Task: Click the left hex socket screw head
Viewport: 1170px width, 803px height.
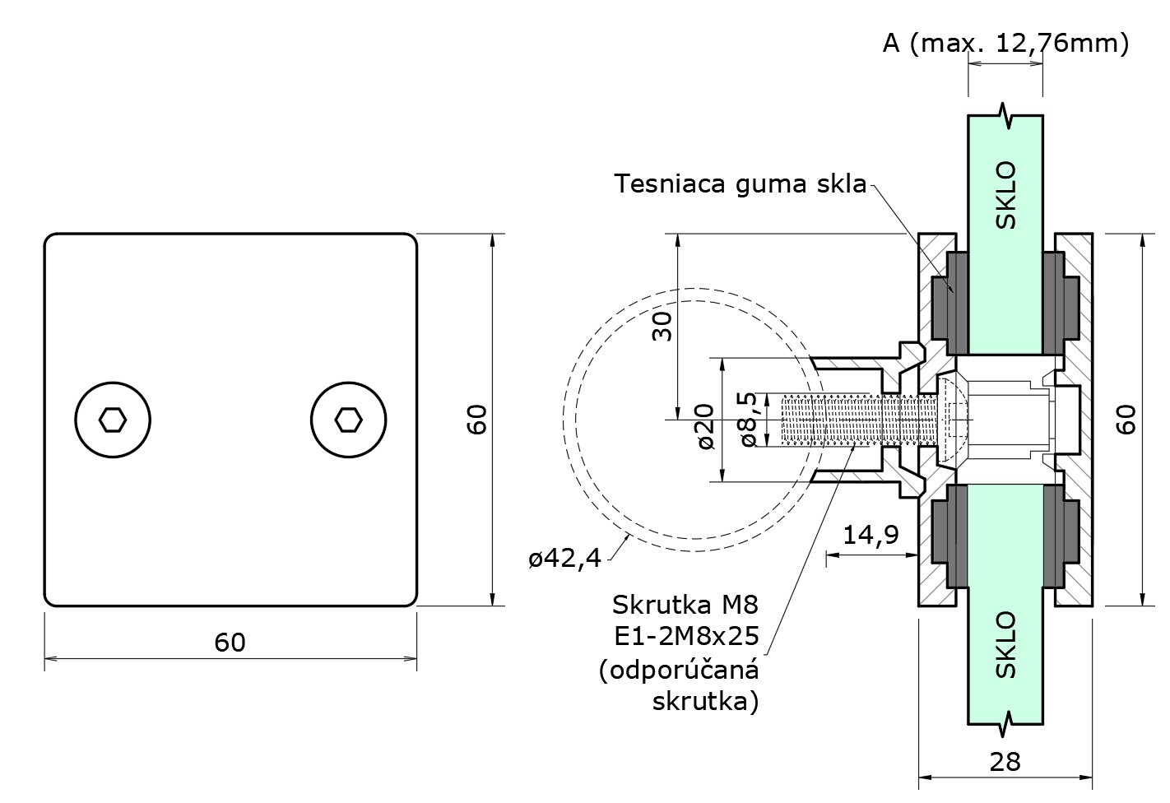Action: (113, 420)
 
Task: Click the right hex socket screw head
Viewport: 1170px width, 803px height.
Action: (349, 420)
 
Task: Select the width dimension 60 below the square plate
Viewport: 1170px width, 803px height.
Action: (230, 642)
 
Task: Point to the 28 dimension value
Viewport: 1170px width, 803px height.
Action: (1005, 761)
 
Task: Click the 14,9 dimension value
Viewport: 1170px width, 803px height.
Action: (871, 536)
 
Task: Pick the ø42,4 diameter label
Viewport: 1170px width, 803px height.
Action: (564, 559)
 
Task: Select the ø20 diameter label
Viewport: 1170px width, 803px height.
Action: (705, 426)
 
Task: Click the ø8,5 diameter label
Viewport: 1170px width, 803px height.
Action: (747, 419)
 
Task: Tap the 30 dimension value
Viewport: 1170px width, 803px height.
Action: (662, 326)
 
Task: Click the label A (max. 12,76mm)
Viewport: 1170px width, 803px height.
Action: (1005, 43)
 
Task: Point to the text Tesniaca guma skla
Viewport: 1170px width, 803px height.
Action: (741, 183)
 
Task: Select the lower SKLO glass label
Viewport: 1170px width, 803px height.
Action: (1005, 643)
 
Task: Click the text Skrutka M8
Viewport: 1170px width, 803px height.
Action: (685, 606)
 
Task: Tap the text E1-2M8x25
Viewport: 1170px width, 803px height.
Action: (685, 637)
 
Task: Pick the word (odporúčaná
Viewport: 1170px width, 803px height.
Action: (679, 670)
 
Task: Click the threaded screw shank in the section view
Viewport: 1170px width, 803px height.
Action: (847, 419)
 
